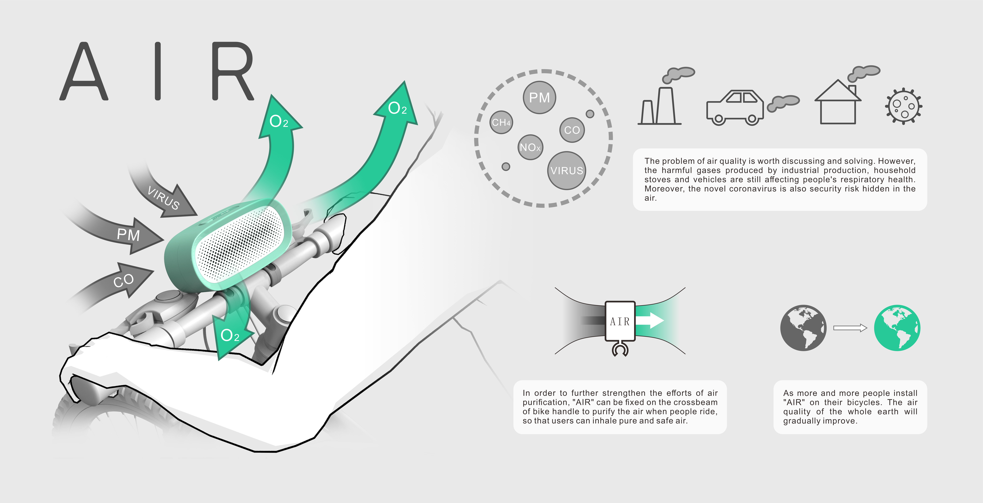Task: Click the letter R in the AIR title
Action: tap(232, 71)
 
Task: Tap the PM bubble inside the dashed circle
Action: tap(539, 98)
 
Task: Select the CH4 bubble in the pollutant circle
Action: tap(501, 122)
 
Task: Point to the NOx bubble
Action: tap(530, 147)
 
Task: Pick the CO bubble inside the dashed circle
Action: tap(572, 130)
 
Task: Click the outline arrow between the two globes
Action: tap(850, 328)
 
